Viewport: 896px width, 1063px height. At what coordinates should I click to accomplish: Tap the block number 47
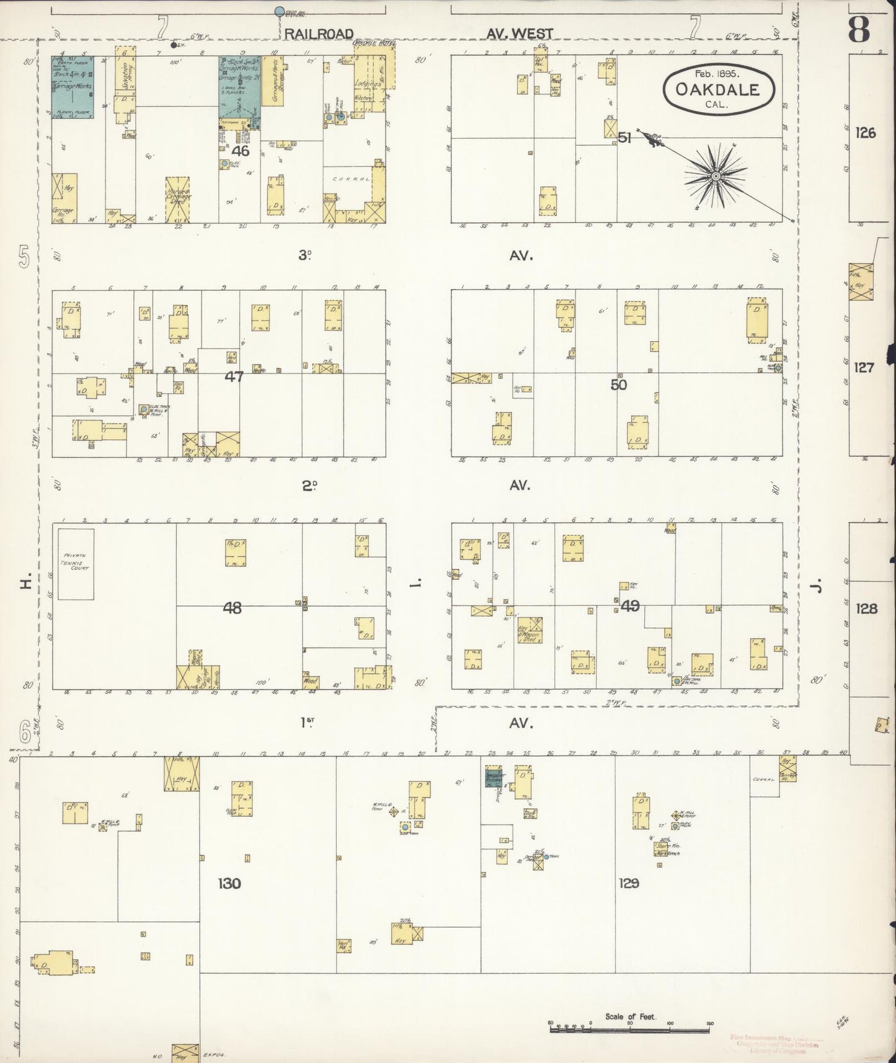234,376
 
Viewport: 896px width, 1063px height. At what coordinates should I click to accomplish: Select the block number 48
232,608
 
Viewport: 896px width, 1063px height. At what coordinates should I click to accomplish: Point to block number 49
629,606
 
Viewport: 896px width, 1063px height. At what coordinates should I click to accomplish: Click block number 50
618,385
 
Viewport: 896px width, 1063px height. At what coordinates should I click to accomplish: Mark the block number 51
624,138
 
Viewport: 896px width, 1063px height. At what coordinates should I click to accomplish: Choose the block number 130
229,883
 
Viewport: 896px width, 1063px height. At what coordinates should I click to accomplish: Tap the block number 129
628,883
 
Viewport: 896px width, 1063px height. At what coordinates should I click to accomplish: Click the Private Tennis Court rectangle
76,564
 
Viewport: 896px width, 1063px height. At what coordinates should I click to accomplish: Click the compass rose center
716,176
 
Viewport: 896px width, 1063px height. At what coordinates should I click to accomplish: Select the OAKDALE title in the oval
718,89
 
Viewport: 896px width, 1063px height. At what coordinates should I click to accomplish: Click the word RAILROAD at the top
319,33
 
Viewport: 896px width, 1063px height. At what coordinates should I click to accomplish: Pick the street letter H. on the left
26,584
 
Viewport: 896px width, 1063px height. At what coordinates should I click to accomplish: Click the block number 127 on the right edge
864,368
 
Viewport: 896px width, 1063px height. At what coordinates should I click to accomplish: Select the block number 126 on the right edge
864,132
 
